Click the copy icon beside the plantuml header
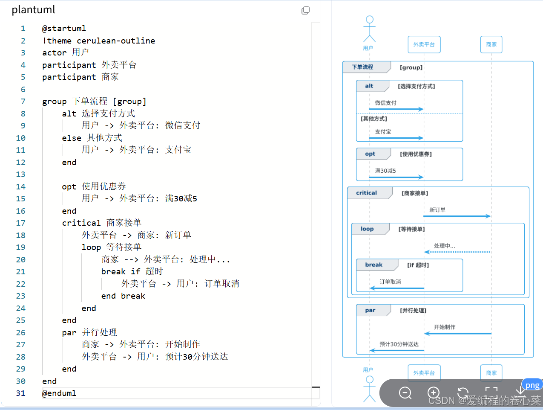(305, 10)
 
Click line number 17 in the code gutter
(20, 223)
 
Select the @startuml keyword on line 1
(64, 29)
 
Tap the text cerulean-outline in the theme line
(116, 41)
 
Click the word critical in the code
(81, 223)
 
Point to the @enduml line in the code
(59, 393)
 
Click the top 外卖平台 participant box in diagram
(424, 44)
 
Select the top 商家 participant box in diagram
(491, 44)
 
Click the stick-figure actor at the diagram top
(369, 29)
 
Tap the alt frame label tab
(369, 86)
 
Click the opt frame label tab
(370, 154)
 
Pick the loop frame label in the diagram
(367, 229)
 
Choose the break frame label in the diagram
(373, 265)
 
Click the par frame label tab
(370, 311)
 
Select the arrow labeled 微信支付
(396, 109)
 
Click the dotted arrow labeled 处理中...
(457, 252)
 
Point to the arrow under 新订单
(457, 216)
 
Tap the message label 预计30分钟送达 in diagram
(399, 344)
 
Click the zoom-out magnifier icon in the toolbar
(405, 393)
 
